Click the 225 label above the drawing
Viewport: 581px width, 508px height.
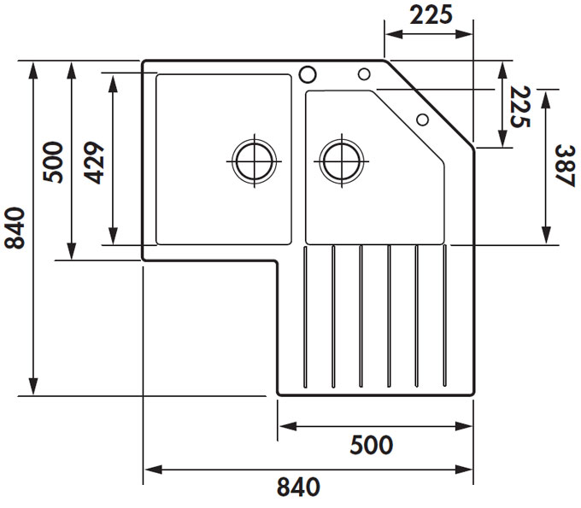[431, 15]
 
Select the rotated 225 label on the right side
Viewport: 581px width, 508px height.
[520, 107]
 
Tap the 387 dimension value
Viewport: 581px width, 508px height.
[565, 166]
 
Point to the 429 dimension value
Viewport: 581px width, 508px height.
[95, 162]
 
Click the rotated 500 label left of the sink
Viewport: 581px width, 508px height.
[53, 162]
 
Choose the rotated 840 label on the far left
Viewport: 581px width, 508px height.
[15, 228]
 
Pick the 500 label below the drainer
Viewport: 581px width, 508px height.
[372, 445]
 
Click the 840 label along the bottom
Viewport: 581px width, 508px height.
[298, 487]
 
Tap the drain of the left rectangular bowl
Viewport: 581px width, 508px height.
[255, 161]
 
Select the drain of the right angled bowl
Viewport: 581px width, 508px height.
[342, 161]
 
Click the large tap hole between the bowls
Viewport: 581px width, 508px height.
[308, 74]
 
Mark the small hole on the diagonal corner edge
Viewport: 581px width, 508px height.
[422, 120]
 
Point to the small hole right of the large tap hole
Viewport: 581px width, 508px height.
[364, 74]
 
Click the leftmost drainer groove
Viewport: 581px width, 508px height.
[305, 317]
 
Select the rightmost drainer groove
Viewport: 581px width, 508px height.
[444, 317]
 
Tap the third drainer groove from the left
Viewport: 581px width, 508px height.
[361, 317]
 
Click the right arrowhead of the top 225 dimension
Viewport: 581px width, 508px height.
[464, 34]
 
